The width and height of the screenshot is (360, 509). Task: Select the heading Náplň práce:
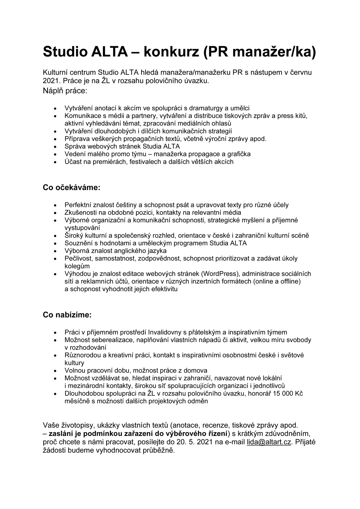(65, 90)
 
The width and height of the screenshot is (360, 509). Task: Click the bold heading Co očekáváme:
(72, 187)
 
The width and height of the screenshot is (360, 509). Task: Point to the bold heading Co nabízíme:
(67, 315)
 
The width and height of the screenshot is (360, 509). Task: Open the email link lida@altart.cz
(269, 442)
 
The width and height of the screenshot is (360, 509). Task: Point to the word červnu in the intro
(299, 72)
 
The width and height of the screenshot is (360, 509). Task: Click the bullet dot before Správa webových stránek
(55, 147)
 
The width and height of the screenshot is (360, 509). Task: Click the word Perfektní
(78, 205)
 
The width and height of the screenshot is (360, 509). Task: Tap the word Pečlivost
(77, 258)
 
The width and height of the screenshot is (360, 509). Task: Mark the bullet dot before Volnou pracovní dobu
(55, 371)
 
